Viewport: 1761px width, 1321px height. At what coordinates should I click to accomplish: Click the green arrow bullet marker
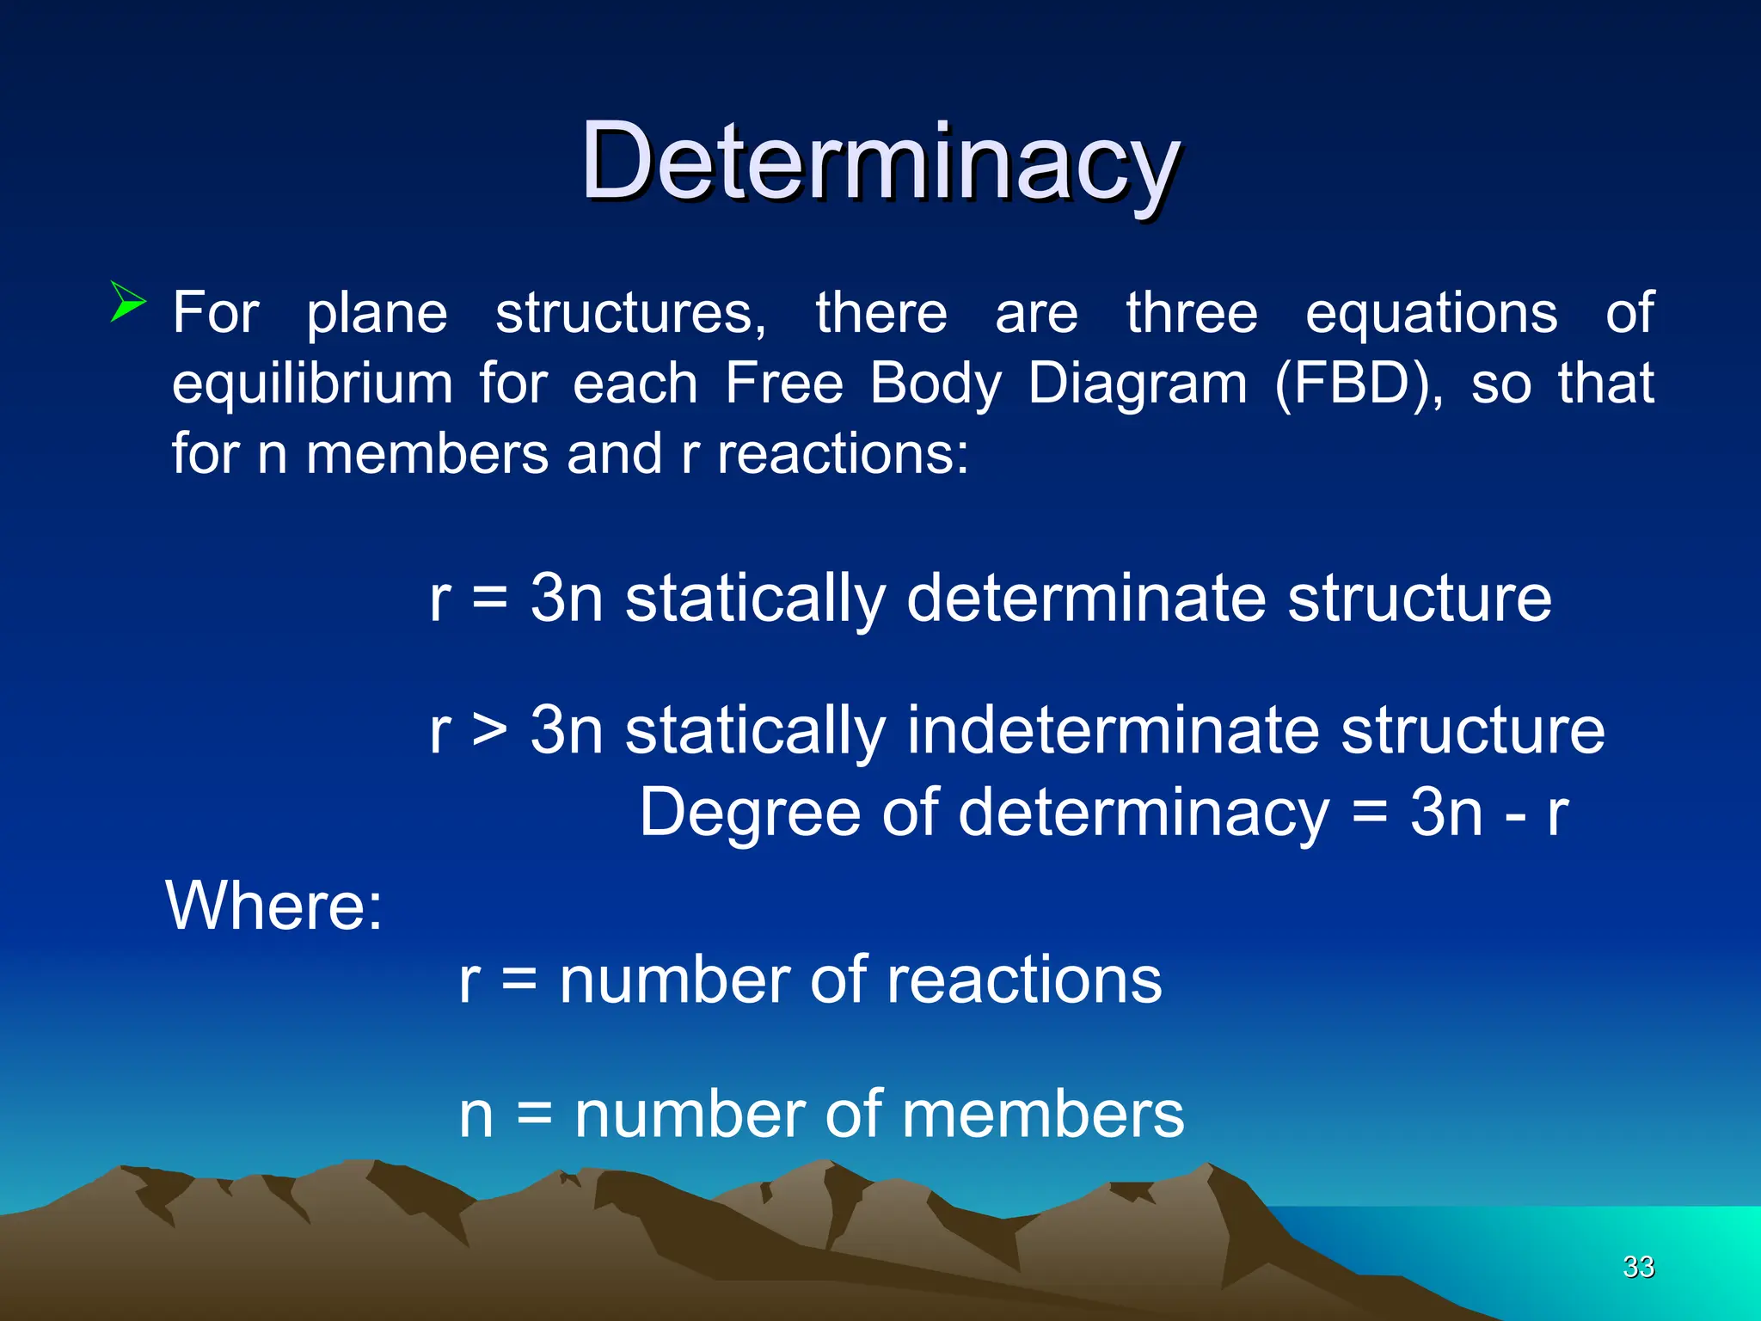pos(128,302)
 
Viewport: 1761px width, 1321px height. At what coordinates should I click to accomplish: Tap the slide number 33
pos(1638,1267)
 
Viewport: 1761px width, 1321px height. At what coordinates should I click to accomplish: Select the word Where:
pos(273,906)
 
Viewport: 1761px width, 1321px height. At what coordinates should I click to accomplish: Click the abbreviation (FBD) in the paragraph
pos(1359,384)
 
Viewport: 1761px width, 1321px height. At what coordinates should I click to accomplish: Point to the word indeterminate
pos(1111,731)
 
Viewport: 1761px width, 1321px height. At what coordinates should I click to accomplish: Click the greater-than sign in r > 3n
pos(490,731)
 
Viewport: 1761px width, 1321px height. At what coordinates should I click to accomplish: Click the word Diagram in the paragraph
pos(1137,384)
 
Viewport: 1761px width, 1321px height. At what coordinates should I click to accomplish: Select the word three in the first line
pos(1192,312)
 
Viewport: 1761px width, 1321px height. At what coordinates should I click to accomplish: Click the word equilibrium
pos(312,384)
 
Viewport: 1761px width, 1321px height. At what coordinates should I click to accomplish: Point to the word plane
pos(377,314)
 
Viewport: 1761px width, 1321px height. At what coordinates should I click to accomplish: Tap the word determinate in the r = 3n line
pos(1085,599)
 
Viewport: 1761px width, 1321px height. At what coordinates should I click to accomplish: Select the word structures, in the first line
pos(630,312)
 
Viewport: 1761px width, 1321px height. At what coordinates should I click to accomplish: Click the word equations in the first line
pos(1431,314)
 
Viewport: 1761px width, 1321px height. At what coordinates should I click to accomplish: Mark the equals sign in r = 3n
pos(490,599)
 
